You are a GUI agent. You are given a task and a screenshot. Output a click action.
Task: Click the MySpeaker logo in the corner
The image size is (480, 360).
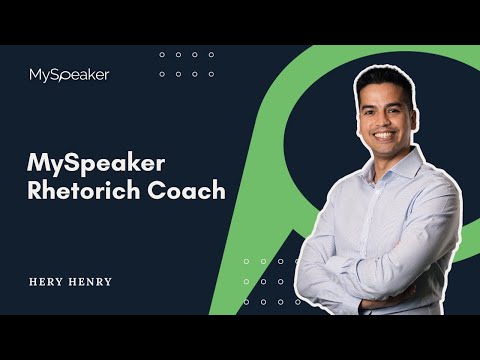click(69, 74)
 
